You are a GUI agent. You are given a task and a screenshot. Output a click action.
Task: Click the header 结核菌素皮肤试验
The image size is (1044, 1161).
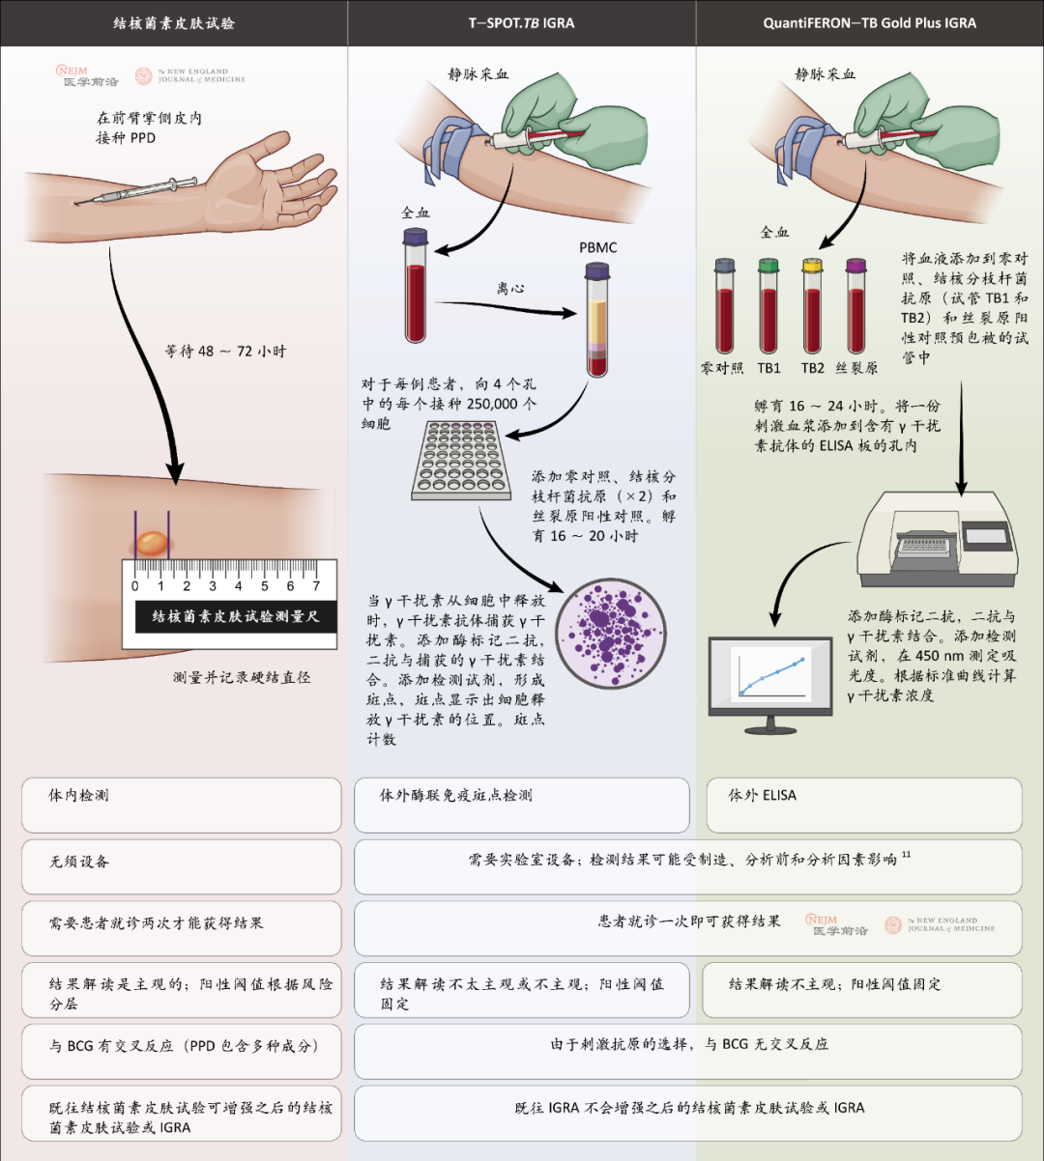click(173, 22)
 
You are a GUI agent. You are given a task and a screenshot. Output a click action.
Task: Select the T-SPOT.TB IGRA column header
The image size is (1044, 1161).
click(521, 22)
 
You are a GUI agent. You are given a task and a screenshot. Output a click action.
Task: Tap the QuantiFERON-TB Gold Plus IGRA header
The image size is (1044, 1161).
click(869, 22)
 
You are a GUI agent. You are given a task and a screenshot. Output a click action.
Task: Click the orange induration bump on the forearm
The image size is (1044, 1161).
click(152, 544)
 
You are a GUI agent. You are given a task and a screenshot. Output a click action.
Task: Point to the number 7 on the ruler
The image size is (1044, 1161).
click(316, 585)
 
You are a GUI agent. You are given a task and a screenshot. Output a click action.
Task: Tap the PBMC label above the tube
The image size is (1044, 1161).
click(597, 247)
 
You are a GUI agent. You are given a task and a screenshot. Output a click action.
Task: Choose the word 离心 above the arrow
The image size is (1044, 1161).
click(510, 288)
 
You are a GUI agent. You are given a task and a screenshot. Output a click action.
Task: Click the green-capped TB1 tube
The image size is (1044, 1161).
click(768, 306)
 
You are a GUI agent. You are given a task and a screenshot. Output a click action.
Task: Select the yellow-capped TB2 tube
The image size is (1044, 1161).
click(812, 306)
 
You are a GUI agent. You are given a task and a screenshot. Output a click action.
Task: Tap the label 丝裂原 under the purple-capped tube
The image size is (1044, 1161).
click(856, 368)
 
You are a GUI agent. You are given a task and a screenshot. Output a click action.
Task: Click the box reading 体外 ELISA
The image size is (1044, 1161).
click(863, 805)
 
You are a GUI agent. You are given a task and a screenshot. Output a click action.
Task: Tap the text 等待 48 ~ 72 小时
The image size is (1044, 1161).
click(225, 352)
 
